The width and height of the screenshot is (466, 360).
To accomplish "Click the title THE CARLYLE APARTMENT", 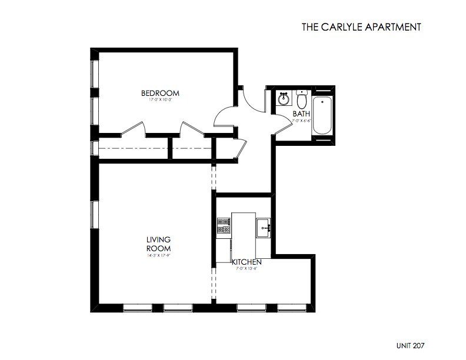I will pyautogui.click(x=361, y=26).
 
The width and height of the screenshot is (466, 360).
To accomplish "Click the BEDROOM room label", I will pyautogui.click(x=160, y=94).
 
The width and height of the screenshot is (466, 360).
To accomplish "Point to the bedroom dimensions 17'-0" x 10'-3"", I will pyautogui.click(x=160, y=101).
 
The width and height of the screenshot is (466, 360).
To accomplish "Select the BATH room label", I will pyautogui.click(x=301, y=115).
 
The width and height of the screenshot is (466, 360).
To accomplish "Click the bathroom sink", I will pyautogui.click(x=283, y=98).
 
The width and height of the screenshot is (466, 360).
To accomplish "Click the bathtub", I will pyautogui.click(x=322, y=114).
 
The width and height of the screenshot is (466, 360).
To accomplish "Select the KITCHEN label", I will pyautogui.click(x=242, y=261).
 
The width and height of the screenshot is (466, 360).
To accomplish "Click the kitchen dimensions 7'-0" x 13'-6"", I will pyautogui.click(x=242, y=268).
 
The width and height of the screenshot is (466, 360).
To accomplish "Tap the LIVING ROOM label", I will pyautogui.click(x=158, y=244).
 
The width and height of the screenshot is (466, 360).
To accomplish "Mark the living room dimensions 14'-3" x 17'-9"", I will pyautogui.click(x=158, y=255).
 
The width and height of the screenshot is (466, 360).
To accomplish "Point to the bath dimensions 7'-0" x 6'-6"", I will pyautogui.click(x=301, y=121).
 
